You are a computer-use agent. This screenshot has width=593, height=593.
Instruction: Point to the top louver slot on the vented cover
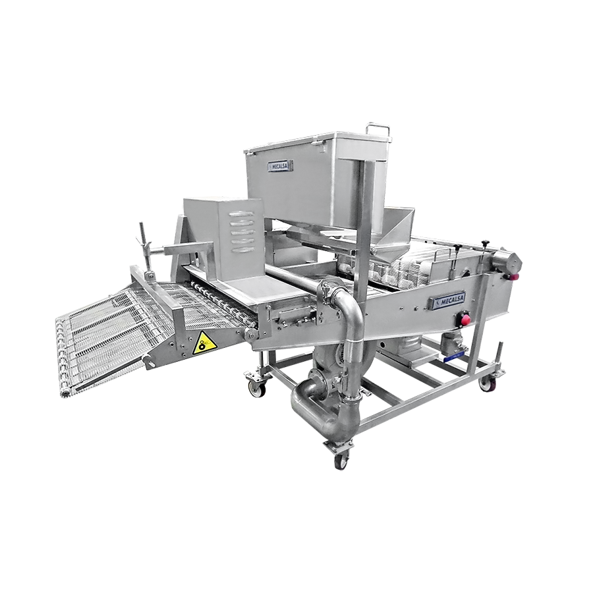click(x=241, y=214)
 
